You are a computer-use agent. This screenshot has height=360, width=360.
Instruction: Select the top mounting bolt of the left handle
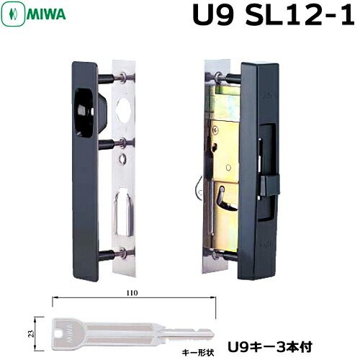click(x=110, y=75)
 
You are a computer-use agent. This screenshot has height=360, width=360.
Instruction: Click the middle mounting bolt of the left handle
click(x=110, y=143)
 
